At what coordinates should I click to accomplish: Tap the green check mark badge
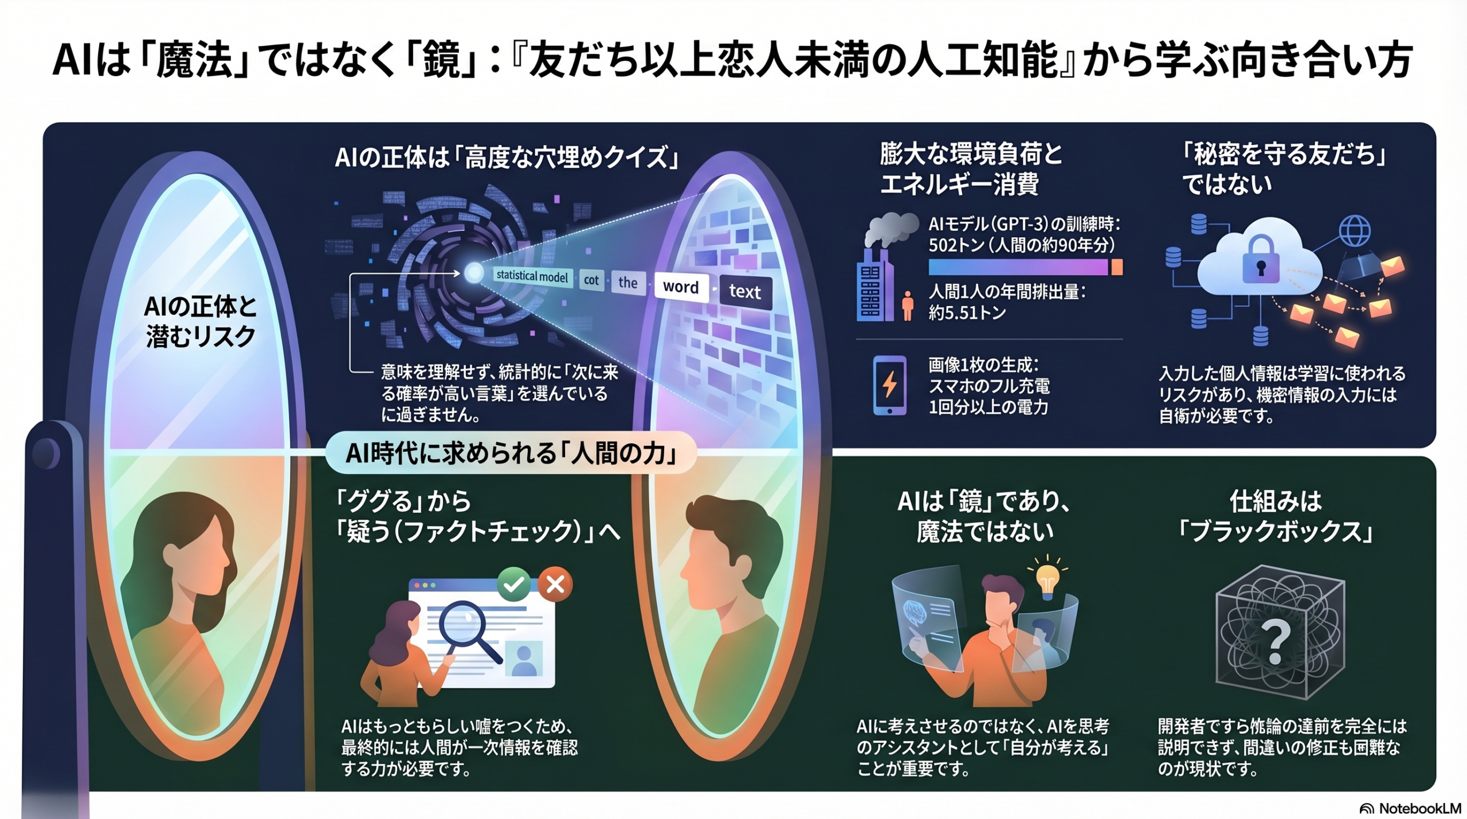pyautogui.click(x=513, y=584)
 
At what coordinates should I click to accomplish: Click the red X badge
pyautogui.click(x=555, y=585)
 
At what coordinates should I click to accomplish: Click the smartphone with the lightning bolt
pyautogui.click(x=889, y=385)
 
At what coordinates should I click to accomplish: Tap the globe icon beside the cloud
pyautogui.click(x=1355, y=232)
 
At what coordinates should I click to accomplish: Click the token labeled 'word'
pyautogui.click(x=681, y=287)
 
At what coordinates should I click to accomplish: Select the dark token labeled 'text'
pyautogui.click(x=745, y=292)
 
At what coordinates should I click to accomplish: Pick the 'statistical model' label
pyautogui.click(x=532, y=276)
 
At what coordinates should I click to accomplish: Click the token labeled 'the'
pyautogui.click(x=627, y=283)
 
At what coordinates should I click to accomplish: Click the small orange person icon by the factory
pyautogui.click(x=907, y=305)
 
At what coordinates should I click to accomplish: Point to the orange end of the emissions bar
pyautogui.click(x=1116, y=267)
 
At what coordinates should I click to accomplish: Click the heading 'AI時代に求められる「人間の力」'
pyautogui.click(x=511, y=453)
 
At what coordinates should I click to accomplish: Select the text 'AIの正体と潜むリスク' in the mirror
pyautogui.click(x=200, y=322)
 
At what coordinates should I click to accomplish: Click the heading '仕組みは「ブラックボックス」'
pyautogui.click(x=1276, y=516)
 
